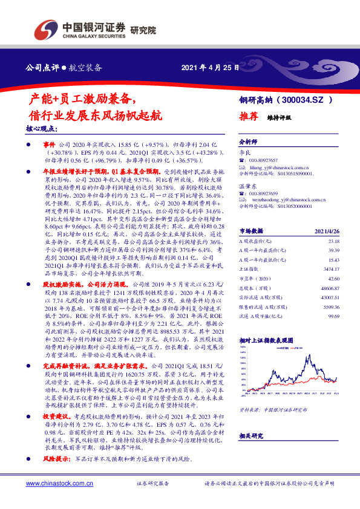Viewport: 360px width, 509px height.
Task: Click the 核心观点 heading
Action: [x=42, y=129]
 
